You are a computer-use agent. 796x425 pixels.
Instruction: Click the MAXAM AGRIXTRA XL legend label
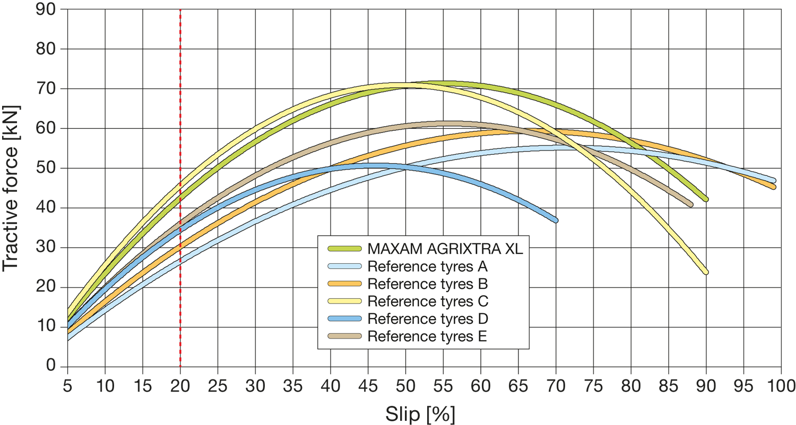(445, 249)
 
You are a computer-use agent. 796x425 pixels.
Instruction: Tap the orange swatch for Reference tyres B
(345, 284)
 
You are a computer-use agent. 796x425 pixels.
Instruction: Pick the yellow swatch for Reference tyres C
(345, 301)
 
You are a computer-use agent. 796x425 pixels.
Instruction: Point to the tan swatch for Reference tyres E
(345, 336)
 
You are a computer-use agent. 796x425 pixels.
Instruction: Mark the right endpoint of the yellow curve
(706, 272)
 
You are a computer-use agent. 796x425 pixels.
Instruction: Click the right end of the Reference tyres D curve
(555, 220)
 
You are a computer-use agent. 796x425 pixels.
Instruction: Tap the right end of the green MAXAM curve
(706, 199)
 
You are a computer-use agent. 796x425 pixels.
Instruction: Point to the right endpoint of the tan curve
(690, 204)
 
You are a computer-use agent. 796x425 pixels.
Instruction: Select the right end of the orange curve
(773, 187)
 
